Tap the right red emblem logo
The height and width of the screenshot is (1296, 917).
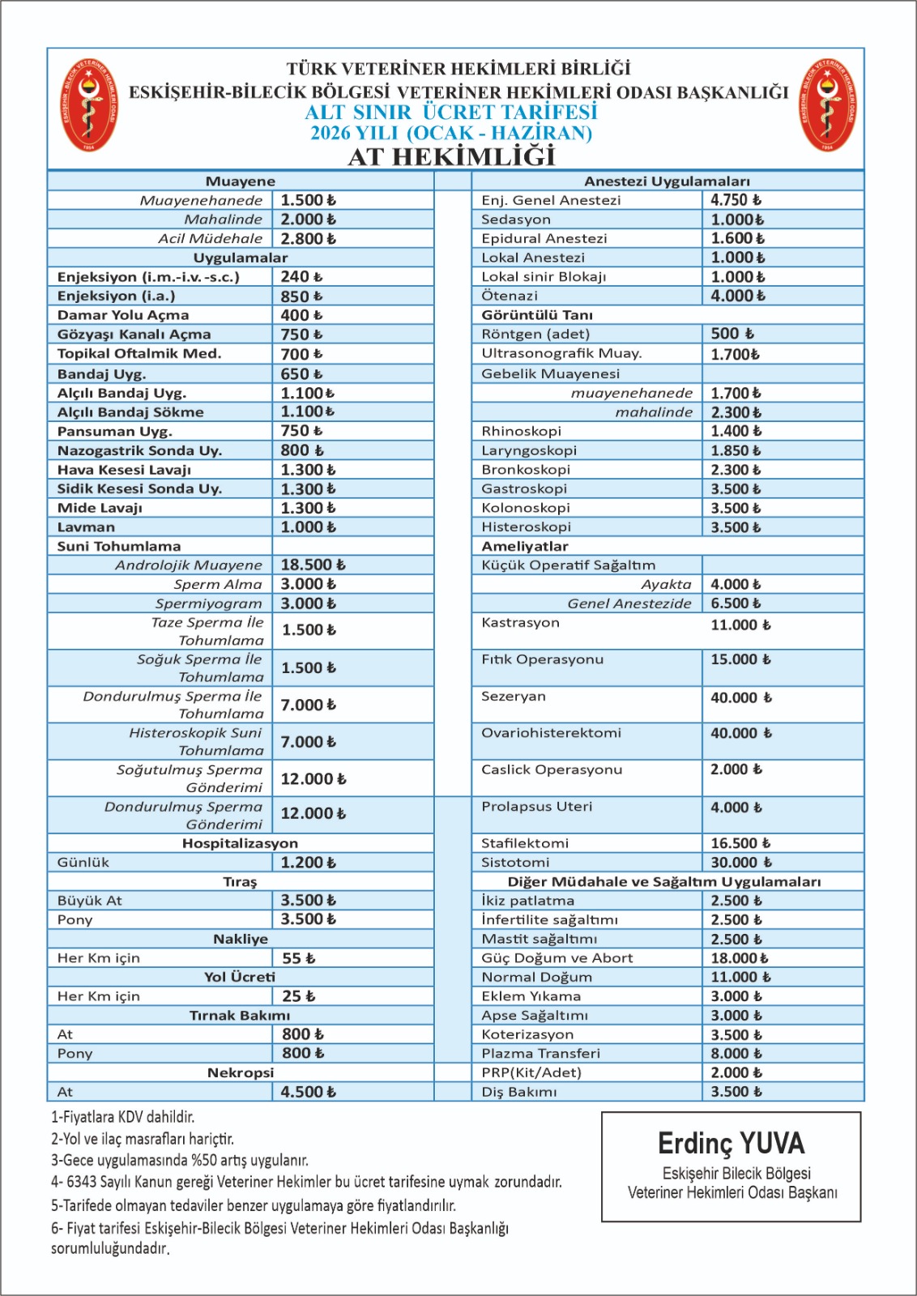click(827, 104)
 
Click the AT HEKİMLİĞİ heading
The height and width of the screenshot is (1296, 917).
click(451, 156)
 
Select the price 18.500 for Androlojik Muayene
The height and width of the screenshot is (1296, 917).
click(313, 565)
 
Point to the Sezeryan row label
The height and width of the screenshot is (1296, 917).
click(514, 697)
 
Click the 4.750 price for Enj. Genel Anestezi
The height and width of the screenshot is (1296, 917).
click(736, 200)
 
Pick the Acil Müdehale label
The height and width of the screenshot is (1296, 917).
click(210, 238)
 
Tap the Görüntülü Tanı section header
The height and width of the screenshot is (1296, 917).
click(537, 315)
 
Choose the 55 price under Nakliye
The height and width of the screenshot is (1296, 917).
click(298, 958)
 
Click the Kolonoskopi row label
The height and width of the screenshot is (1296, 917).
click(526, 508)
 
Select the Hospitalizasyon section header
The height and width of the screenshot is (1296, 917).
click(240, 843)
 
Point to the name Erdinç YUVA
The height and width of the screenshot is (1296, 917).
click(731, 1144)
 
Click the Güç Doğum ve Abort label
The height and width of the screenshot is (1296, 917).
click(557, 958)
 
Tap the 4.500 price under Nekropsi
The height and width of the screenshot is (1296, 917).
click(308, 1092)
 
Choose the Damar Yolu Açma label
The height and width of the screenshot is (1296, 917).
click(123, 315)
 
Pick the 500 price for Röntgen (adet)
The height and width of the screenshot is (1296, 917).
click(732, 334)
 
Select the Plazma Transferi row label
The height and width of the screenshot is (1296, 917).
click(540, 1054)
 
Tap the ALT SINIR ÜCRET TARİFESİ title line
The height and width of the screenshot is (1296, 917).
click(451, 113)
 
